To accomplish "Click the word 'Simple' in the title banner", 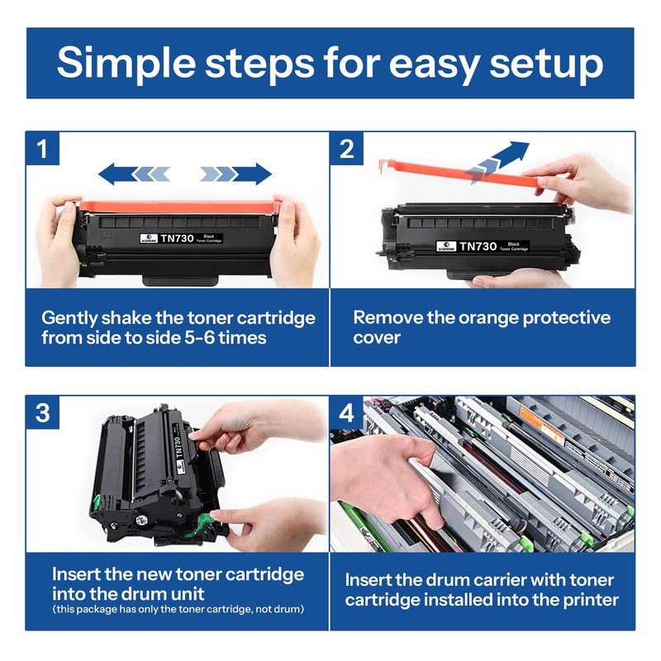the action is (126, 63).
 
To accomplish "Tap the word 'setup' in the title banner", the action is (546, 64).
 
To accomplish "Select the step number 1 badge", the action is (42, 149).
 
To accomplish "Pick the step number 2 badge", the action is (346, 149).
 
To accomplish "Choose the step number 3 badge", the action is (43, 412).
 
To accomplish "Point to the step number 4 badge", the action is (346, 412).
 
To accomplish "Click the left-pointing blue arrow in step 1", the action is (134, 174).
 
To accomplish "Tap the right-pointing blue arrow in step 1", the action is (236, 174).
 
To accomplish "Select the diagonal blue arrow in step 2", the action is (498, 162).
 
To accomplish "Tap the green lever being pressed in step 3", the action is (197, 525).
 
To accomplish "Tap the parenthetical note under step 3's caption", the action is (178, 609).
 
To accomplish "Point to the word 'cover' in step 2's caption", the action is (377, 338).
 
